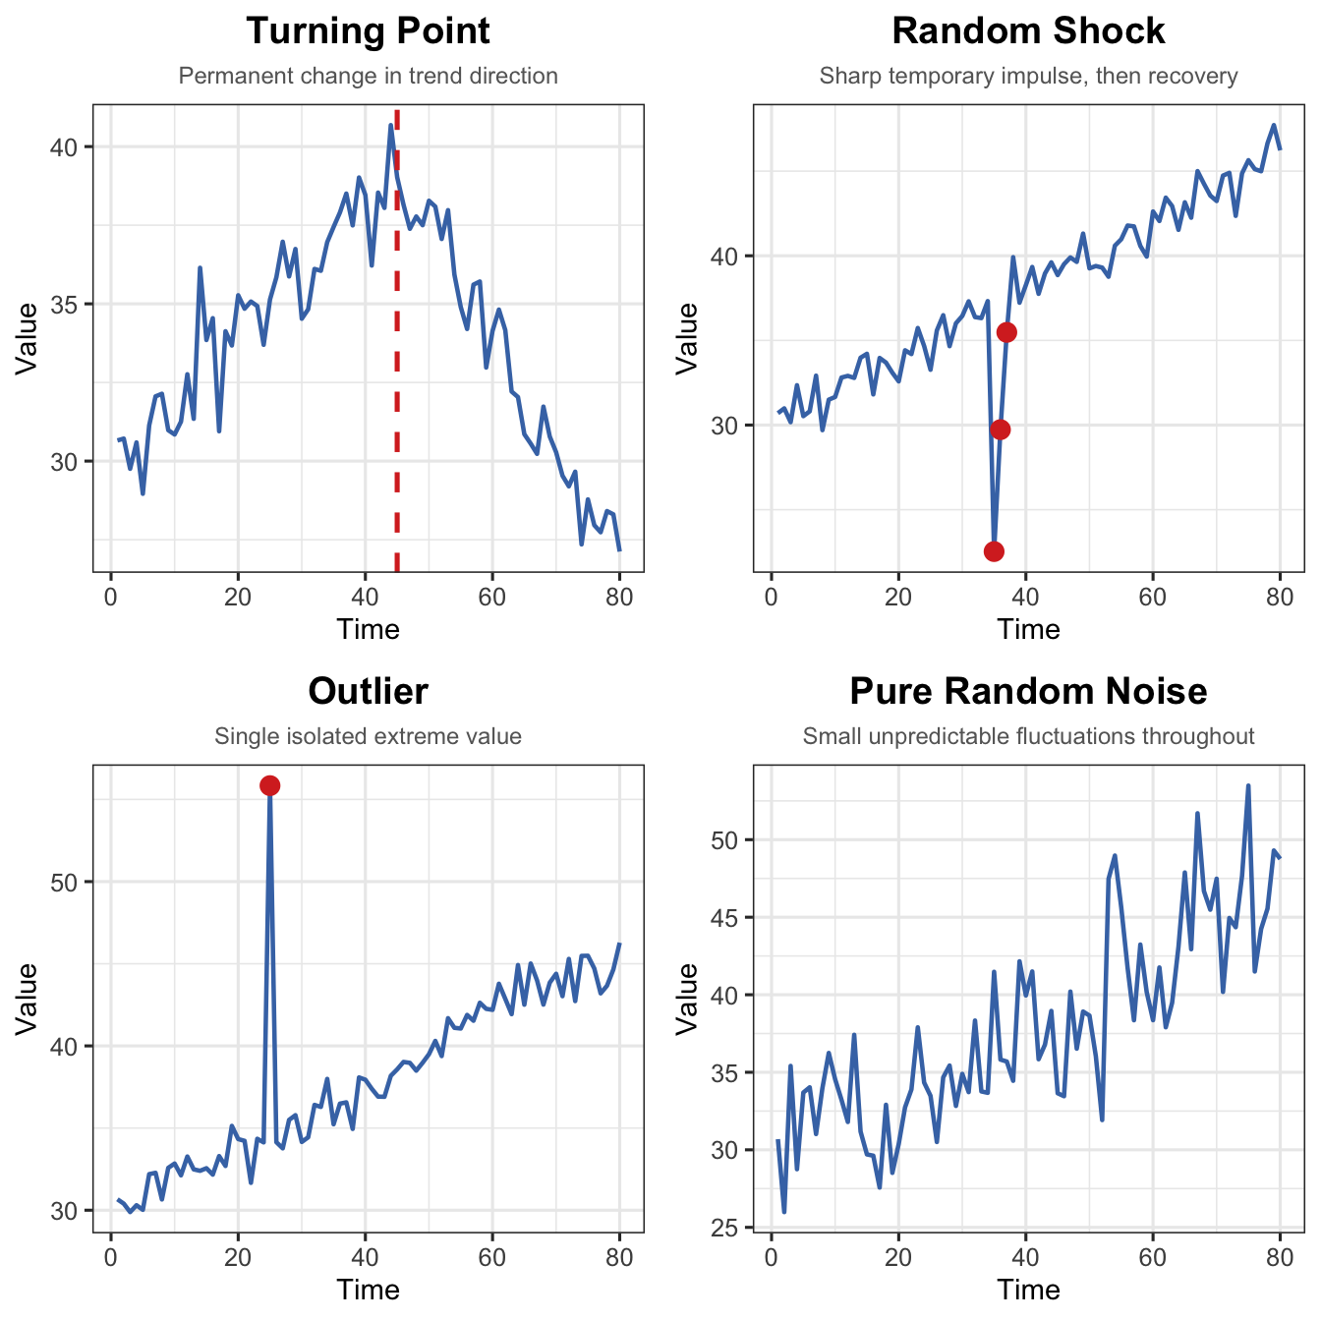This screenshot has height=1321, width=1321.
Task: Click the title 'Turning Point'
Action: tap(368, 31)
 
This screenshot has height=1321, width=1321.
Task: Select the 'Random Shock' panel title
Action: tap(1028, 31)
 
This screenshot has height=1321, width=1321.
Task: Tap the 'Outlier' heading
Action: tap(368, 692)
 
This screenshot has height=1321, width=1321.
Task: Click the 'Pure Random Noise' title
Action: tap(1028, 692)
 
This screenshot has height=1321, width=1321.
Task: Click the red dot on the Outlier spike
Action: tap(270, 785)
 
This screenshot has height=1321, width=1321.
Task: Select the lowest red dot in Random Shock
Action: tap(994, 550)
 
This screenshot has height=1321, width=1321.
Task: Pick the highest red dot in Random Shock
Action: tap(1006, 332)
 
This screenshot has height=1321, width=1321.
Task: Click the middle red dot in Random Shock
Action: tap(1001, 430)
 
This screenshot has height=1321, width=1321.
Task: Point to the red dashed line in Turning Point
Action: tap(397, 344)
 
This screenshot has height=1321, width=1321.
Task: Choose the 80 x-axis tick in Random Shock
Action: tap(1279, 597)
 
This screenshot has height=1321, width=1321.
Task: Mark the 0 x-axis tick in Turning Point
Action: tap(110, 597)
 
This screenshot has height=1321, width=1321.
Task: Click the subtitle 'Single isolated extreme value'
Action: tap(368, 736)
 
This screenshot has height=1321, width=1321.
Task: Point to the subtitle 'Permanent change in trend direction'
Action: tap(368, 76)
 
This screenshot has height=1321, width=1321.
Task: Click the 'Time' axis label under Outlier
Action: tap(368, 1290)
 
